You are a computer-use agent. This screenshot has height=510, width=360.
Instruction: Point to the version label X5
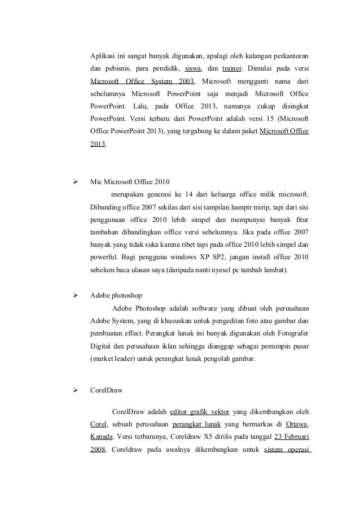(199, 437)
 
